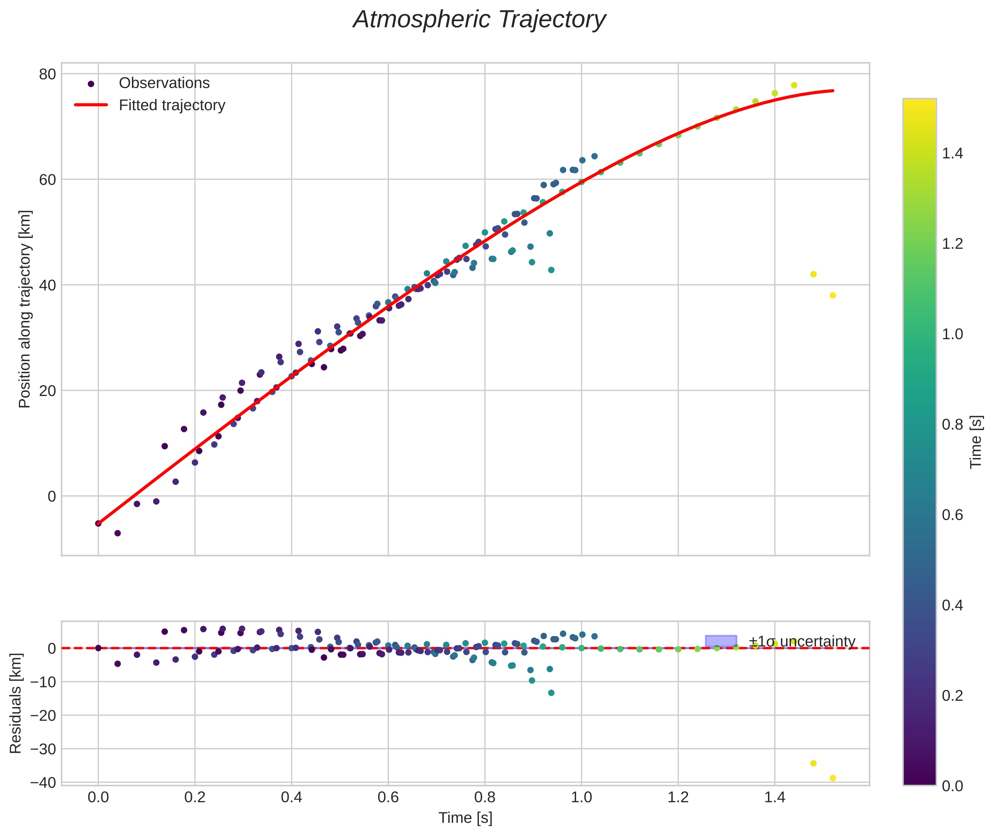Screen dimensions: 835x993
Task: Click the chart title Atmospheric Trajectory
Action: (479, 20)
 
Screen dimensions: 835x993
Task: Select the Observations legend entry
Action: (164, 83)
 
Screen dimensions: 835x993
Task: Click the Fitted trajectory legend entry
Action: (172, 105)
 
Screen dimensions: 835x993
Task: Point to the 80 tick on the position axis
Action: (47, 74)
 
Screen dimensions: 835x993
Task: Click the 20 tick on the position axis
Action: (47, 391)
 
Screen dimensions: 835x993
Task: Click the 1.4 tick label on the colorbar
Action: (952, 154)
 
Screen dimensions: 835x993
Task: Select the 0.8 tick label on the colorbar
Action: (952, 425)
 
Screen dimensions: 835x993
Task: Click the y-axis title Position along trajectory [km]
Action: (25, 309)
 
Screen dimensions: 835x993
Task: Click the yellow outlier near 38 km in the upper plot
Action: (833, 296)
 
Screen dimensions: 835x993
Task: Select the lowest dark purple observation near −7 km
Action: (117, 533)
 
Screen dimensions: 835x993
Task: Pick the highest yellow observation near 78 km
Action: (794, 85)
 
